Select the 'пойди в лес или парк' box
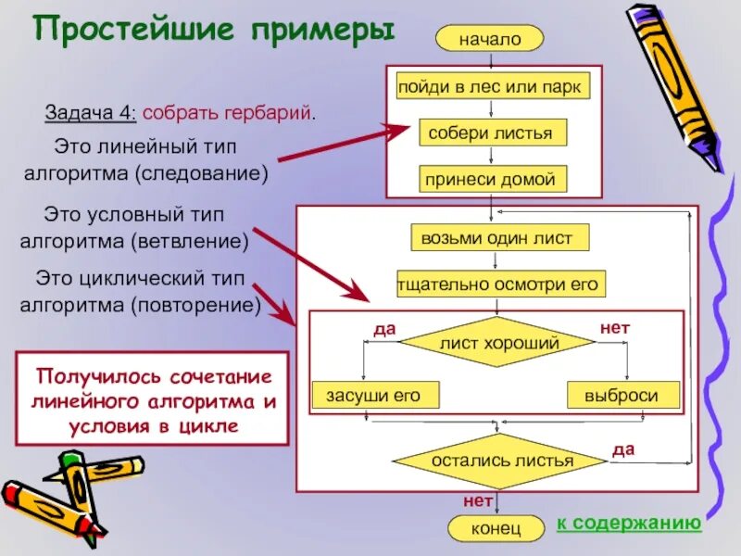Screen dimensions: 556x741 click(x=489, y=87)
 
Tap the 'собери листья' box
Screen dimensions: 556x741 click(x=490, y=133)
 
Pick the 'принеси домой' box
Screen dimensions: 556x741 click(x=490, y=179)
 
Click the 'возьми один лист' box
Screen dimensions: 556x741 click(x=498, y=238)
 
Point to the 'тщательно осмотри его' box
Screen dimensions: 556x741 click(x=500, y=284)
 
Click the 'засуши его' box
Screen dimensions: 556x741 click(x=373, y=396)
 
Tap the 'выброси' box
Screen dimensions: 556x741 click(x=622, y=396)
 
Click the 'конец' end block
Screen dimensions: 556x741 click(x=496, y=528)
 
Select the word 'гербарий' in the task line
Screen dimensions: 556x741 click(x=269, y=113)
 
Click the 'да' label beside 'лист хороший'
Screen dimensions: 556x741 click(x=383, y=330)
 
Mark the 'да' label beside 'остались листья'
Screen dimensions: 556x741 click(x=623, y=449)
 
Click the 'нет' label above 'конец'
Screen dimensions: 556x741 click(x=476, y=501)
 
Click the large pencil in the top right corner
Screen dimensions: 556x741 click(x=673, y=83)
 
